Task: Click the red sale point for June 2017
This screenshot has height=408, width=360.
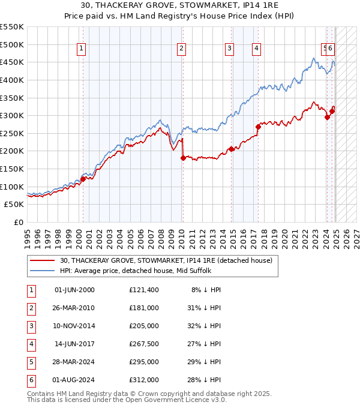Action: click(x=258, y=127)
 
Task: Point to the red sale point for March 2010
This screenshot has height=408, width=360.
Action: click(x=183, y=158)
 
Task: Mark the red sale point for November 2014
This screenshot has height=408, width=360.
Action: click(x=231, y=149)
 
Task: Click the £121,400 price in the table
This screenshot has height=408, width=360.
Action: click(x=143, y=290)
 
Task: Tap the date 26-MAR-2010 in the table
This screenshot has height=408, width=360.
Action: click(x=74, y=308)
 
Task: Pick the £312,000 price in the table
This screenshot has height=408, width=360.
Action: click(x=143, y=380)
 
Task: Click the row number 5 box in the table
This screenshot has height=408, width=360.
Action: click(x=31, y=362)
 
